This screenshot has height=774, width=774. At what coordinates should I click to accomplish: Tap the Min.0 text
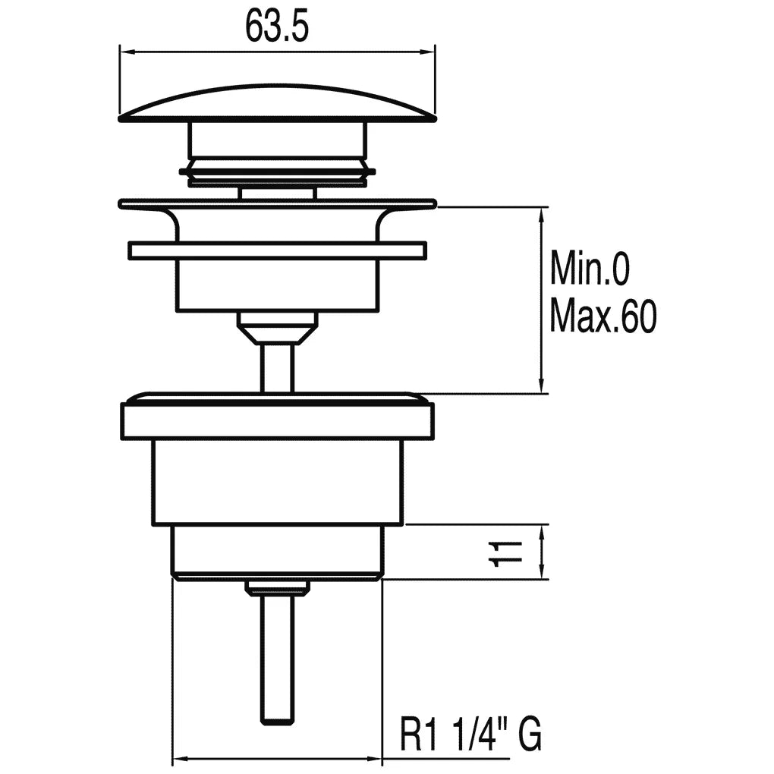tap(590, 268)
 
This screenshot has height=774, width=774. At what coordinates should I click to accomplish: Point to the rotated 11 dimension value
tap(505, 553)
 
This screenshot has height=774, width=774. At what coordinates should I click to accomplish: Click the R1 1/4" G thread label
tap(470, 735)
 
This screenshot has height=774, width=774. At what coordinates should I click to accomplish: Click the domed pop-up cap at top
tap(278, 102)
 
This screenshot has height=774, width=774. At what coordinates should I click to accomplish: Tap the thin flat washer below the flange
tap(278, 250)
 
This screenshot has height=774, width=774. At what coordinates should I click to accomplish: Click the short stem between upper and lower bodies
tap(278, 368)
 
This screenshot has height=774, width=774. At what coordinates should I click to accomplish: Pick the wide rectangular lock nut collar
tap(278, 420)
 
